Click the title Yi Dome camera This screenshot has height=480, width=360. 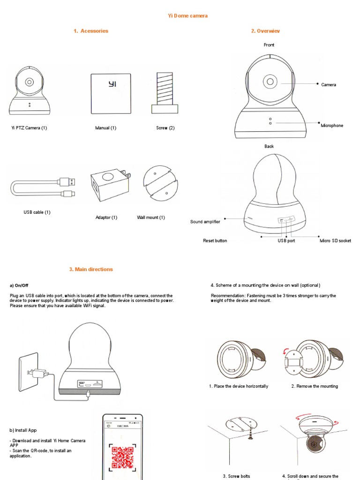click(187, 16)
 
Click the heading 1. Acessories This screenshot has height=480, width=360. click(91, 31)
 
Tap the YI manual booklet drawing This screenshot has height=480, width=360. click(111, 93)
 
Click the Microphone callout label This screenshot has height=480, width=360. click(332, 126)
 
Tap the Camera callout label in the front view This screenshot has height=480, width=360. click(329, 85)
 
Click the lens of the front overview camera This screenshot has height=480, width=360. click(270, 81)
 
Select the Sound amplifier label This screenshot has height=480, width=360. click(205, 222)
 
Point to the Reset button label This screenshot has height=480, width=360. click(215, 241)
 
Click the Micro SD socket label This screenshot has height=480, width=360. click(335, 241)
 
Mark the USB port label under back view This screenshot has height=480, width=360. click(286, 241)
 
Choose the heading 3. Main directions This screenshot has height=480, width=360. click(91, 270)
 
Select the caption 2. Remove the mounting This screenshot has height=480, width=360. click(315, 386)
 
